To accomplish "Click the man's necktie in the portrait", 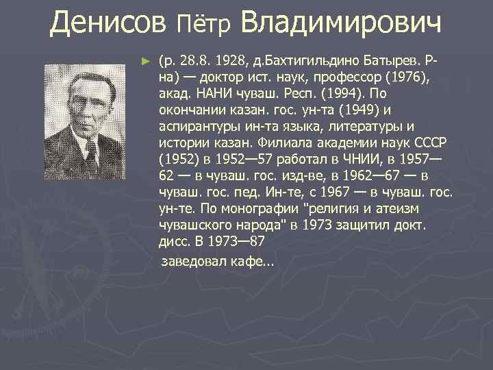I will click(x=90, y=147).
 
